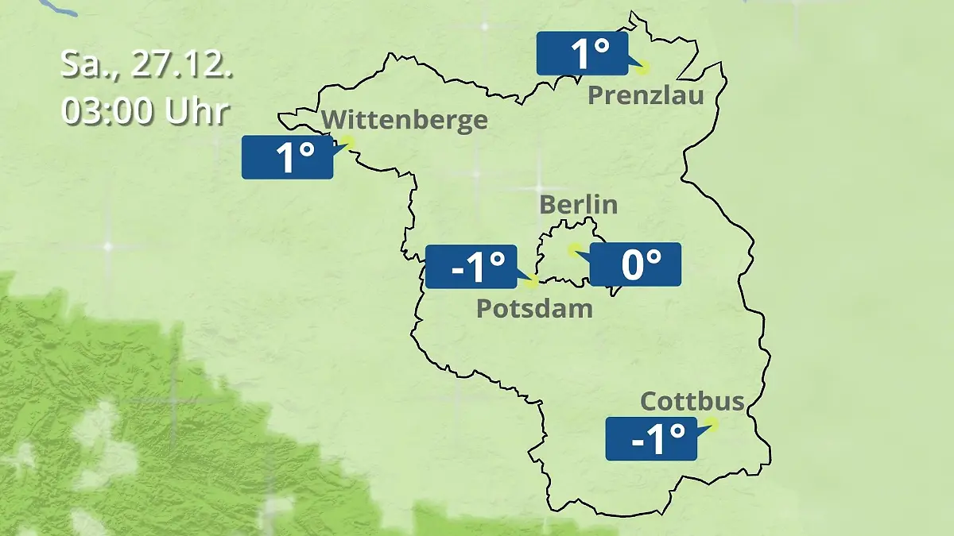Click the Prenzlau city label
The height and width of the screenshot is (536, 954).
click(646, 96)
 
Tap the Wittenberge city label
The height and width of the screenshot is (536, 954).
click(405, 120)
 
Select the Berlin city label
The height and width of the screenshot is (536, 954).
click(578, 204)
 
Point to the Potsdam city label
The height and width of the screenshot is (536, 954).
click(534, 308)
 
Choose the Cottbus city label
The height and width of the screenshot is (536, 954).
click(692, 401)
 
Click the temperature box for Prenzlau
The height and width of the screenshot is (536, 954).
click(581, 54)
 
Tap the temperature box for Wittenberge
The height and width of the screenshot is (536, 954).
click(287, 157)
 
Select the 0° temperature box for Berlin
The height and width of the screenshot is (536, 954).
click(635, 264)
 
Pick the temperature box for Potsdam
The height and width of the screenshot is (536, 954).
click(471, 267)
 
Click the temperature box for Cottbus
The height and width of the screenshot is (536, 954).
click(651, 438)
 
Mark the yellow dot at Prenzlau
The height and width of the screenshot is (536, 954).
click(642, 68)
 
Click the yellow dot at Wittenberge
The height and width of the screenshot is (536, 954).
click(347, 142)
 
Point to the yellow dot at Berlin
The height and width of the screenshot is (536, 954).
click(572, 249)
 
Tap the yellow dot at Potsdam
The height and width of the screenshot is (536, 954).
click(532, 281)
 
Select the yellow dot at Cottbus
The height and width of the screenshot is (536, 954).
click(712, 424)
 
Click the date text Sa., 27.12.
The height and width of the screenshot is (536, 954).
click(147, 65)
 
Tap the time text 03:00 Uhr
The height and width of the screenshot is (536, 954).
click(145, 112)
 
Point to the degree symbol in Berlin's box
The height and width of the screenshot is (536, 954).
click(653, 256)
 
